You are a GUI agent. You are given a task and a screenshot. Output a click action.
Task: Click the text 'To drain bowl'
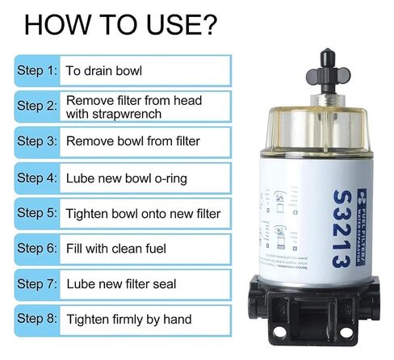(104, 70)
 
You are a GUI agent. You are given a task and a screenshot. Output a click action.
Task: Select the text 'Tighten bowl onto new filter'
(143, 213)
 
